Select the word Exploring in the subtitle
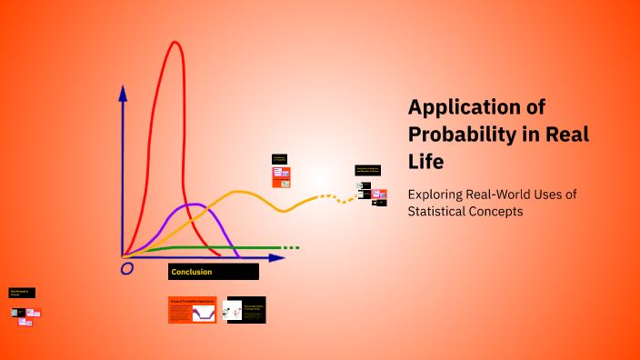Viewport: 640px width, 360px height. (x=440, y=195)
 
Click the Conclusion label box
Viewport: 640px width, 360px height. (x=214, y=271)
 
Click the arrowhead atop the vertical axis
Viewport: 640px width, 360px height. (x=123, y=91)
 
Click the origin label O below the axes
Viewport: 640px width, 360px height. (x=127, y=268)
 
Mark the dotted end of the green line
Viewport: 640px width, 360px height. (x=289, y=247)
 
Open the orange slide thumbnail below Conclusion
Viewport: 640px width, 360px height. (x=192, y=310)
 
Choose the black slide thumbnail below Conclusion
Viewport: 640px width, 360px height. (x=245, y=310)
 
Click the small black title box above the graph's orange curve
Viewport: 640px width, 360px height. (x=280, y=158)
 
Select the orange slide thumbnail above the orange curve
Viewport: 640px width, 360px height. (x=281, y=176)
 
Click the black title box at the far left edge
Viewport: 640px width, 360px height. (x=22, y=293)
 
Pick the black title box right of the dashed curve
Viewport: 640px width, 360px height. (x=367, y=170)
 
